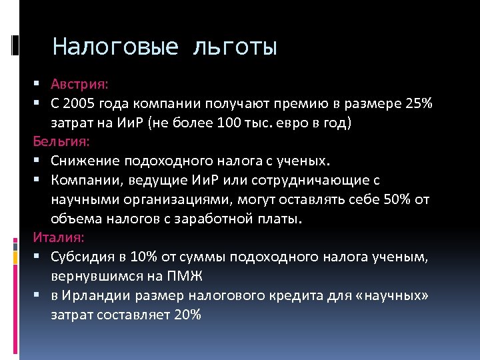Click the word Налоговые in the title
click(x=115, y=47)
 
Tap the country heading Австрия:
click(x=80, y=85)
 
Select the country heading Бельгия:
click(x=61, y=142)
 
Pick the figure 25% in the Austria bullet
click(x=418, y=104)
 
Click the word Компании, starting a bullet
click(x=92, y=180)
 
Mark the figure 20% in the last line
click(x=187, y=314)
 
